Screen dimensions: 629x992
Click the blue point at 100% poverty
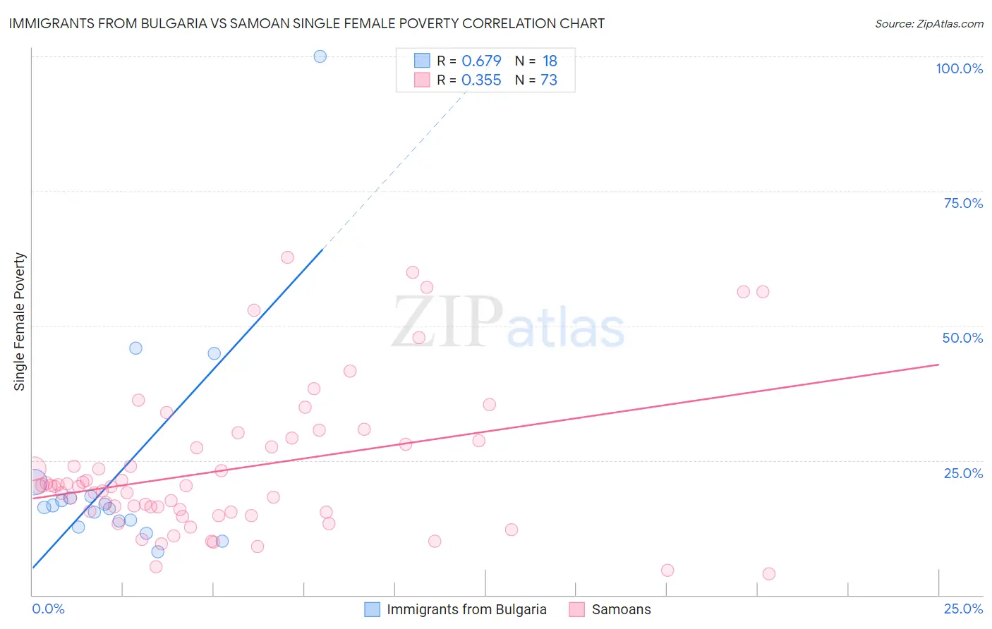(x=320, y=56)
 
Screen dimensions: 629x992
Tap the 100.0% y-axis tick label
(x=959, y=68)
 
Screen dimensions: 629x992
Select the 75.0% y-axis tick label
(x=963, y=203)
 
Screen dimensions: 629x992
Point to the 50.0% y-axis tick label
(x=962, y=338)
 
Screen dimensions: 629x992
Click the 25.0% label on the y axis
(x=963, y=473)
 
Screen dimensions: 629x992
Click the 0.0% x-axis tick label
(x=48, y=609)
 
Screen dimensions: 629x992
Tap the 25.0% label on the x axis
(x=963, y=609)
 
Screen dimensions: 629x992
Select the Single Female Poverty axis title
(x=20, y=322)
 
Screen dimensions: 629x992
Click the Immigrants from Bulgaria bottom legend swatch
(x=372, y=609)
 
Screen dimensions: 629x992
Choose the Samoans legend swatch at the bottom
(x=576, y=609)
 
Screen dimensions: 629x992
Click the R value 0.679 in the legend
(x=481, y=61)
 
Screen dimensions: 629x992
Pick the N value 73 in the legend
(x=549, y=80)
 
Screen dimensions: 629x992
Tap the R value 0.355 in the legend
(x=481, y=80)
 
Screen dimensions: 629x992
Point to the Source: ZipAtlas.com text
(x=929, y=24)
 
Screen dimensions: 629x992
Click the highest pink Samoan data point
(x=287, y=257)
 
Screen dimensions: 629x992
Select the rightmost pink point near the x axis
(x=769, y=574)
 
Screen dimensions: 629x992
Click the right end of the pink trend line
(x=938, y=365)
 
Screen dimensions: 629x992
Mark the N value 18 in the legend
(x=550, y=61)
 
